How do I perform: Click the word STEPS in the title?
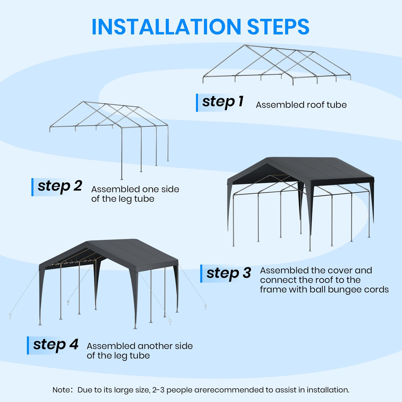[x=278, y=27]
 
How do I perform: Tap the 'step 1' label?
[x=223, y=102]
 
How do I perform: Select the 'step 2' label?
[x=60, y=186]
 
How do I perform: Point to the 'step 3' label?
[x=228, y=273]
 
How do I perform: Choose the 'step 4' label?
[x=56, y=345]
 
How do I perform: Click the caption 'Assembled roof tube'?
[x=301, y=105]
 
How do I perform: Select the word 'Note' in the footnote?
[x=61, y=390]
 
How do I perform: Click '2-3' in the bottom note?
[x=158, y=390]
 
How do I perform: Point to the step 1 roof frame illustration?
[x=276, y=65]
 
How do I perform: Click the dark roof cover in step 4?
[x=132, y=252]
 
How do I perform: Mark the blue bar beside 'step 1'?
[x=197, y=103]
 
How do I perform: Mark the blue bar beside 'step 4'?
[x=28, y=345]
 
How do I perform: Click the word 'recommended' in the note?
[x=235, y=390]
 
